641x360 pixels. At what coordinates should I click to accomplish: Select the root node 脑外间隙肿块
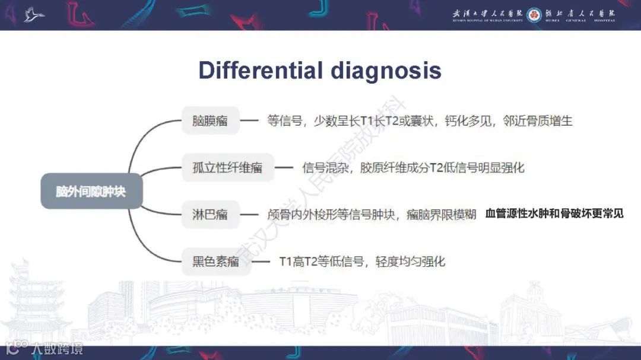(x=91, y=191)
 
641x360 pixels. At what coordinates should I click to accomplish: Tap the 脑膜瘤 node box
(x=210, y=121)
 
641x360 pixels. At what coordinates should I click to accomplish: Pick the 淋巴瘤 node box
(x=210, y=214)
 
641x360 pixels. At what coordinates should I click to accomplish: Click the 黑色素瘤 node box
(x=215, y=261)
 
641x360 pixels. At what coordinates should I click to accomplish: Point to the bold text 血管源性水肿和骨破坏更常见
(x=554, y=214)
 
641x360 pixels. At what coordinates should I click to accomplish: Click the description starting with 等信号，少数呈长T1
(x=420, y=121)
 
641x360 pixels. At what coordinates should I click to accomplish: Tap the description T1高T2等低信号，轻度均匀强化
(x=362, y=261)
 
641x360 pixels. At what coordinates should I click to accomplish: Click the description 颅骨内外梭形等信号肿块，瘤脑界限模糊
(x=372, y=214)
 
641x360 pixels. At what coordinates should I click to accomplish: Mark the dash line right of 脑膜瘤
(x=249, y=121)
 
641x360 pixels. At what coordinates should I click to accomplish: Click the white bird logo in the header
(x=34, y=14)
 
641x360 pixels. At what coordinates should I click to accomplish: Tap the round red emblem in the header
(x=534, y=15)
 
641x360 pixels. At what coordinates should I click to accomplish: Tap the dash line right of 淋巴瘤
(x=249, y=214)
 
